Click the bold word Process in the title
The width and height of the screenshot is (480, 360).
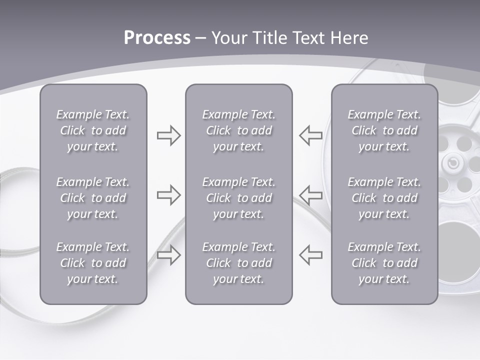[157, 38]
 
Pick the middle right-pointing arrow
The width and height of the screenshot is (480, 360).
[168, 195]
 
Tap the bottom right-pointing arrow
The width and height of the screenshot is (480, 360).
[168, 254]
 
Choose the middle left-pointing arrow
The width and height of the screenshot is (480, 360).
[310, 195]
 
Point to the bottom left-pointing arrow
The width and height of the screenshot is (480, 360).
[310, 254]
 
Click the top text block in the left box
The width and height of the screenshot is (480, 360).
[93, 130]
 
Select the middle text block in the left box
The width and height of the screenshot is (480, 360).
[93, 198]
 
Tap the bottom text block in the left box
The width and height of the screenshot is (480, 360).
[93, 263]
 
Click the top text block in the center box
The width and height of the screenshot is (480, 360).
[238, 130]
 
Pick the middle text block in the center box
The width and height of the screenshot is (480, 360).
[238, 198]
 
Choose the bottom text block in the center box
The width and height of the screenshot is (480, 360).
[238, 263]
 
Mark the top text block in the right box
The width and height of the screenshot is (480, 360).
[384, 130]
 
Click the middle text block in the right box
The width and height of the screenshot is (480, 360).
[384, 198]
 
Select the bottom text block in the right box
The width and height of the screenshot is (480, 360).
[384, 263]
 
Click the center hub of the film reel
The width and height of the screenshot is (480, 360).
[453, 163]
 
